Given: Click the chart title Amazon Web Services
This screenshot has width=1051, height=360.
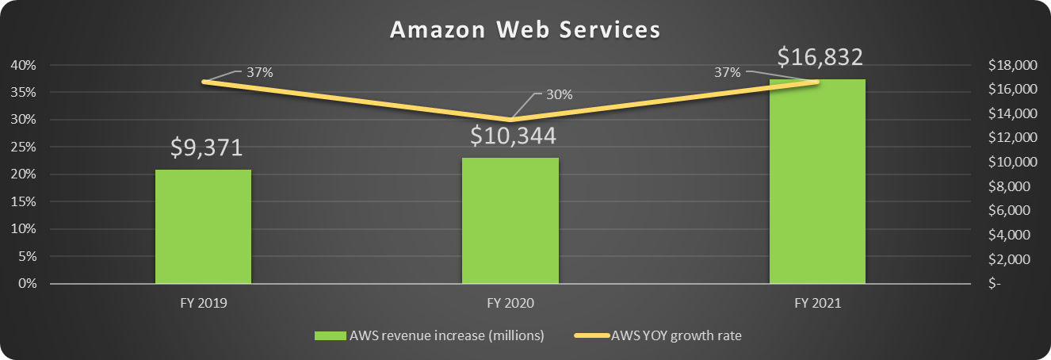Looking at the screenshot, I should click(x=525, y=29).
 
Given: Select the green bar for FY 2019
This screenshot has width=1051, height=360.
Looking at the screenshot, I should click(x=203, y=227).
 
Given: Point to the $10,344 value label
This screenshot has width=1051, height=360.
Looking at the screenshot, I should click(x=513, y=136).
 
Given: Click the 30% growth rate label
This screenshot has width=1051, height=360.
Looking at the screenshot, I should click(x=559, y=94).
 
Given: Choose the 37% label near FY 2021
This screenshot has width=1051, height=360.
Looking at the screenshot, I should click(x=727, y=72).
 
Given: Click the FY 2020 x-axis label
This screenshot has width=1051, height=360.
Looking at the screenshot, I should click(x=510, y=304).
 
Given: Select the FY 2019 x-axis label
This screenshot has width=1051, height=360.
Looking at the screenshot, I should click(x=203, y=304).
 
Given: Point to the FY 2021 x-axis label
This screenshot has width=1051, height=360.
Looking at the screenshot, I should click(x=817, y=304).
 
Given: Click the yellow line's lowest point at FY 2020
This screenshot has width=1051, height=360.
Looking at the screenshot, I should click(x=510, y=120).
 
